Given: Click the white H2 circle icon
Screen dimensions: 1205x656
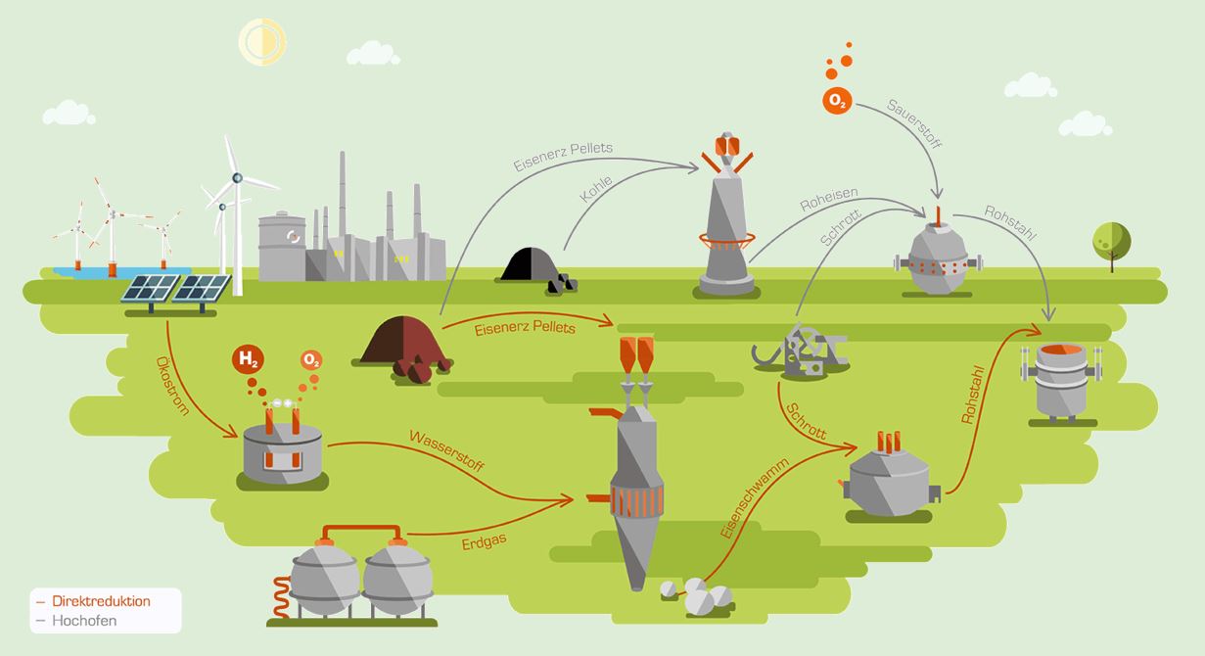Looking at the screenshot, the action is [248, 359].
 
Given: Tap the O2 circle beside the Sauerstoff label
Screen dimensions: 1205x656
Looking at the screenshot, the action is [837, 101].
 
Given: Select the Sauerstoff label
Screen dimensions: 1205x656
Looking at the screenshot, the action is [914, 124].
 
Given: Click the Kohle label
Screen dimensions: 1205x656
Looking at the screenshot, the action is [596, 189].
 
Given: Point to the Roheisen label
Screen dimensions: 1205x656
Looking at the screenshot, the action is [829, 199].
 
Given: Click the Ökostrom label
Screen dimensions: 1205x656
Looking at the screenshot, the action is [172, 386].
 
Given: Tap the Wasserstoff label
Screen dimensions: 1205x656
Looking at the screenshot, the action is [446, 451].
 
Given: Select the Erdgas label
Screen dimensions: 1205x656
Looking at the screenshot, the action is [485, 541].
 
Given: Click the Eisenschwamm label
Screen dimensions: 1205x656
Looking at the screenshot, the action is [754, 497].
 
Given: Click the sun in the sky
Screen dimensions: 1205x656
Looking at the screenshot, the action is [262, 42].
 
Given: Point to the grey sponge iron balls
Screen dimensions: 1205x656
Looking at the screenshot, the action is [698, 595].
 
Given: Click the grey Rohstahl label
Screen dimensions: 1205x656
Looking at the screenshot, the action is [1010, 223].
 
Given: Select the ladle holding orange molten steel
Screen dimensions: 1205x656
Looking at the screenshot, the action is [1062, 382].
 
